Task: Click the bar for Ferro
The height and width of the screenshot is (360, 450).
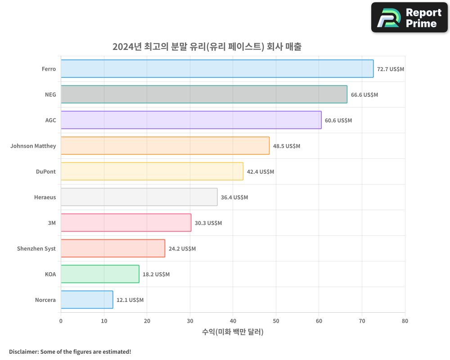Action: point(217,69)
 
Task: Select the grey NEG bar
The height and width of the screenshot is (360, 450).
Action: point(204,94)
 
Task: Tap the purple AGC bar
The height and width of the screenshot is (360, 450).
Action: point(191,120)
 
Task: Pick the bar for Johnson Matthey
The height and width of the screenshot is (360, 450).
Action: point(165,146)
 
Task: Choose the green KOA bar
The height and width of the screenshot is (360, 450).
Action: point(100,274)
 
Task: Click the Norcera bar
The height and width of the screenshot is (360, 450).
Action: point(87,300)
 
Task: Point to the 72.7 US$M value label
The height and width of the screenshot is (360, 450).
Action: point(391,69)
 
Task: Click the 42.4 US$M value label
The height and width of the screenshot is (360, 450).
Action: point(260,172)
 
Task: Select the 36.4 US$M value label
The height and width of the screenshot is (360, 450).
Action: point(234,198)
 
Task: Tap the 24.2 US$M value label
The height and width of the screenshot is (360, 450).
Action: point(182,249)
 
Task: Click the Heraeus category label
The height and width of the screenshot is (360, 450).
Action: point(45,198)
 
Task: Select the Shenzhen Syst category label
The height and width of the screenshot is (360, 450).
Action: point(36,249)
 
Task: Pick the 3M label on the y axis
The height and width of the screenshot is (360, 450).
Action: point(52,223)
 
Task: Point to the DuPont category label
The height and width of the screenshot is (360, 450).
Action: point(46,172)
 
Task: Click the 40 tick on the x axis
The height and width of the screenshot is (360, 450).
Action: point(233,321)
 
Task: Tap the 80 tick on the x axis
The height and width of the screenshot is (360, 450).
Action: point(405,321)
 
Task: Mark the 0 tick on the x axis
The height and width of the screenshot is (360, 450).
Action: point(61,321)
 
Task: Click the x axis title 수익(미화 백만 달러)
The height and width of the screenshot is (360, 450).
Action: point(233,332)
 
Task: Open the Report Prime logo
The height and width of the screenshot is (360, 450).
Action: point(409,18)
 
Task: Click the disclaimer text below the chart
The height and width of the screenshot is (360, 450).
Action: point(70,352)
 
